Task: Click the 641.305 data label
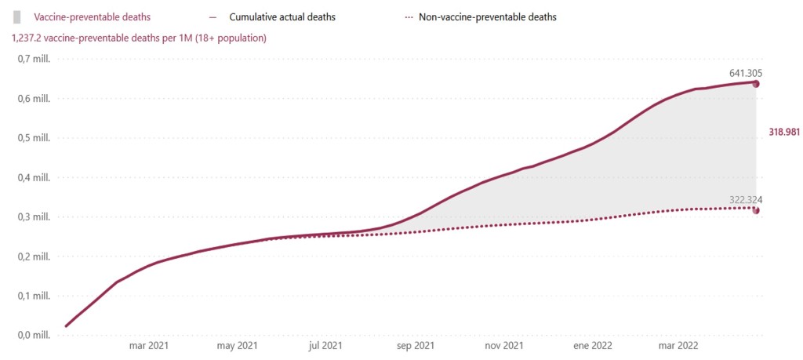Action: point(746,72)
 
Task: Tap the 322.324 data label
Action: point(746,200)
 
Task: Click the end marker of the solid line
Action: point(756,84)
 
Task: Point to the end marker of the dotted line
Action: point(756,210)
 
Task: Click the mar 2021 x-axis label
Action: point(148,345)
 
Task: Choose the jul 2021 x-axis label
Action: point(325,345)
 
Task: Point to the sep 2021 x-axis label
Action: point(415,345)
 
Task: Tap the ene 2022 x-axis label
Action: point(592,345)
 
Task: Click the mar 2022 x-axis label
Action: point(678,345)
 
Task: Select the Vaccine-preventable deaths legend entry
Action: point(92,16)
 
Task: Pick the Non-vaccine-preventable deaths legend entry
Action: point(488,16)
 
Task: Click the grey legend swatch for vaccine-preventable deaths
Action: point(16,16)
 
